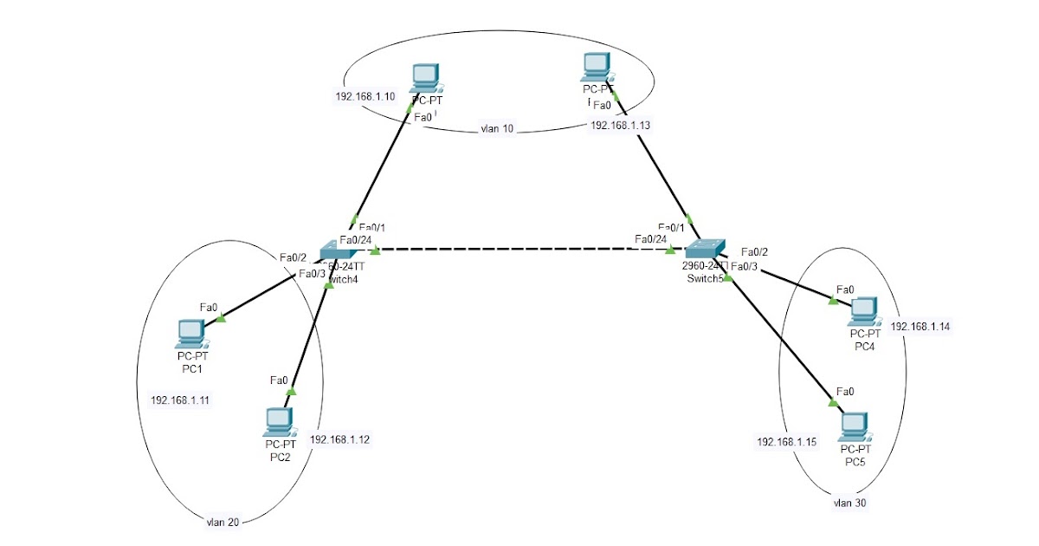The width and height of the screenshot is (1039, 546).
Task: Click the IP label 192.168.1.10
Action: coord(365,96)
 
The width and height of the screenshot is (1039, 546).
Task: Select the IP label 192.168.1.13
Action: coord(620,125)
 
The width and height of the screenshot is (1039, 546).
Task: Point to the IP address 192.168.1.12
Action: coord(339,439)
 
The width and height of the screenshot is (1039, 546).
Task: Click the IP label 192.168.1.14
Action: coord(920,327)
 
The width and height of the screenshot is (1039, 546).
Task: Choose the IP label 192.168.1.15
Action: coord(786,442)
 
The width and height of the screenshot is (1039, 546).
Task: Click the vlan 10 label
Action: coord(496,129)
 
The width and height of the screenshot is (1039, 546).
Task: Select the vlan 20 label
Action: coord(223,522)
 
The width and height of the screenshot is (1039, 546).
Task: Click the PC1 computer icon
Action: coord(190,332)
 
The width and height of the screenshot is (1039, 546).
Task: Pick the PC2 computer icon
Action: coord(280,421)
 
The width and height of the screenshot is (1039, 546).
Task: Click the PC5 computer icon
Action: coord(855,425)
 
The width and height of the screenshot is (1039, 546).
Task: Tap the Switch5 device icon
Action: coord(707,248)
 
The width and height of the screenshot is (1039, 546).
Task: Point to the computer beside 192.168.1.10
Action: coord(424,77)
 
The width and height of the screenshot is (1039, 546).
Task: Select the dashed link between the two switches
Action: coord(519,250)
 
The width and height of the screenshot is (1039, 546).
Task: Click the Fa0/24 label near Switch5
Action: coord(650,239)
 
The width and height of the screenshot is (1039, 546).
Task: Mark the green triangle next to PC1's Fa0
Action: coord(220,318)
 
